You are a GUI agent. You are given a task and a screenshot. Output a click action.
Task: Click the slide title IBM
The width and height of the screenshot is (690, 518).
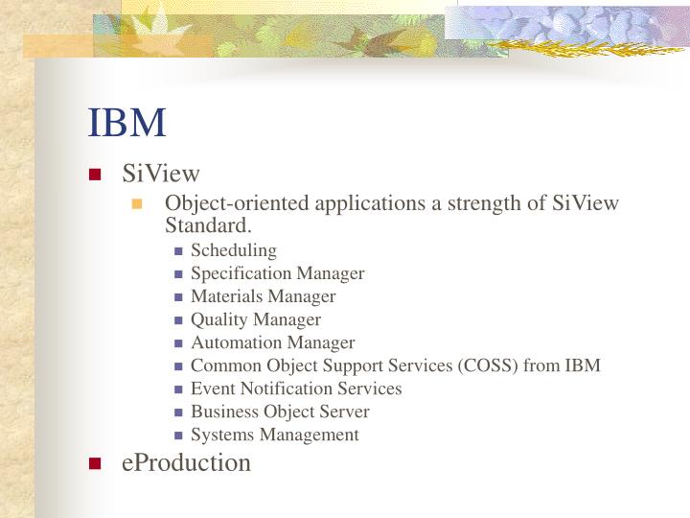point(127,123)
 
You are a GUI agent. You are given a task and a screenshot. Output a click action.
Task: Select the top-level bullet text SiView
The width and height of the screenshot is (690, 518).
point(161,174)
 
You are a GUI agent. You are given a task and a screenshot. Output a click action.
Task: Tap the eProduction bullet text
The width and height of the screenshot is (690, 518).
point(186,462)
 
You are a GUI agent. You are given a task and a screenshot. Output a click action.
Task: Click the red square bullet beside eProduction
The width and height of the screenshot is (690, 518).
point(95,463)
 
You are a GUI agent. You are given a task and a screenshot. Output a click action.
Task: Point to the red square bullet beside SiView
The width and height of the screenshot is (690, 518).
point(95,175)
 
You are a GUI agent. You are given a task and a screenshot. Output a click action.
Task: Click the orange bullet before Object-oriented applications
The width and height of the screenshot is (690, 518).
point(137,204)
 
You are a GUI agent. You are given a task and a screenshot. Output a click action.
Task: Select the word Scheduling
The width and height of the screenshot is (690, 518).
point(233,250)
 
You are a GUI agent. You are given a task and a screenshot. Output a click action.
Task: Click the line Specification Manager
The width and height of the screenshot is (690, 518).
point(277,273)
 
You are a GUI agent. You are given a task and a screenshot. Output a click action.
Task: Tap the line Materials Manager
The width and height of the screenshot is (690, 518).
point(263,296)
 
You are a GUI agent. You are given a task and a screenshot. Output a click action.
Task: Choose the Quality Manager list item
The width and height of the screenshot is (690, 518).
point(255,319)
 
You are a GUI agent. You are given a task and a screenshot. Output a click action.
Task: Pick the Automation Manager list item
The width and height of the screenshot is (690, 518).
point(272,342)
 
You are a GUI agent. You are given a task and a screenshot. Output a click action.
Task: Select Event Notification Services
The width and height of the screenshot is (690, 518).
point(296,388)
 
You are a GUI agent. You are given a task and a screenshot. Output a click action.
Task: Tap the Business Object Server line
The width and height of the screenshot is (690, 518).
point(280,412)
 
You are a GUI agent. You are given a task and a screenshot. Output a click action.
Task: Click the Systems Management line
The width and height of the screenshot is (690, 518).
point(274,435)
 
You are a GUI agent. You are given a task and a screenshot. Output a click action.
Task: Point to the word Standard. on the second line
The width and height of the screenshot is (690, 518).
point(208,226)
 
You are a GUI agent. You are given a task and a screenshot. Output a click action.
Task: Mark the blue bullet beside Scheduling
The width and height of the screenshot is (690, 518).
point(178,251)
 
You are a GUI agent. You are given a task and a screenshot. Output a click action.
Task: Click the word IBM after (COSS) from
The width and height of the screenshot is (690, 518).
point(584,365)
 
